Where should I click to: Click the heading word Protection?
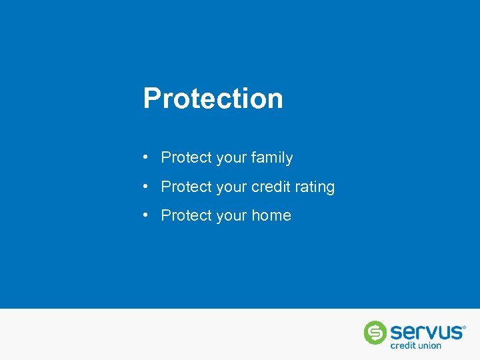(213, 99)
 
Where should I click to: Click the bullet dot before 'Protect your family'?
(145, 157)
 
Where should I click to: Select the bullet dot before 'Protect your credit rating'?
(145, 187)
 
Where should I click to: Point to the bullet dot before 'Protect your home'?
(145, 215)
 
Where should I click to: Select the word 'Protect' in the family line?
(186, 158)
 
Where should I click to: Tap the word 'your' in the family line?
(231, 159)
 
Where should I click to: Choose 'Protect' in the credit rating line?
(186, 187)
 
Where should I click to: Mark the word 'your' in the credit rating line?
(231, 188)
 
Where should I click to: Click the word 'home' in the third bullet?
(271, 215)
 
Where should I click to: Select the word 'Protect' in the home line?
(186, 215)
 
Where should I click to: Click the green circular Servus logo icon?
(375, 333)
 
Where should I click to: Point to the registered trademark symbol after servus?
(464, 327)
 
